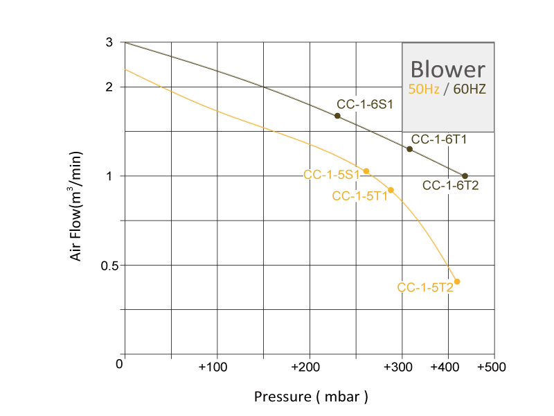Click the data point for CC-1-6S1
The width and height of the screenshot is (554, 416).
[337, 116]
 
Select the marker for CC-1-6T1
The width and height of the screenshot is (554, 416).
[409, 149]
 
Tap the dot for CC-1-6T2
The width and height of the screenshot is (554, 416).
[465, 176]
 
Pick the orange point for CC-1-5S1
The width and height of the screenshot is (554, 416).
[366, 171]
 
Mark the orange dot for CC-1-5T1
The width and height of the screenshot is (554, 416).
[391, 190]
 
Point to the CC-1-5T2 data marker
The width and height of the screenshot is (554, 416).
[456, 281]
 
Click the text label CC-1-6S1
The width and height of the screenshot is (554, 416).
[365, 105]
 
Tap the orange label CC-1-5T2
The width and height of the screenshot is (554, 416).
[425, 287]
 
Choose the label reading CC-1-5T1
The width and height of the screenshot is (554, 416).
[359, 196]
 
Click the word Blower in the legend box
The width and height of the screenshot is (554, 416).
[447, 69]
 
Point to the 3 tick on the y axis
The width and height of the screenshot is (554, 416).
[109, 42]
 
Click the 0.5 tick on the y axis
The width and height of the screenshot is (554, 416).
[105, 266]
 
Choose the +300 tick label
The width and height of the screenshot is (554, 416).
[400, 365]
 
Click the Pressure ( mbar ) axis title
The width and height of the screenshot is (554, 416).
[311, 397]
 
